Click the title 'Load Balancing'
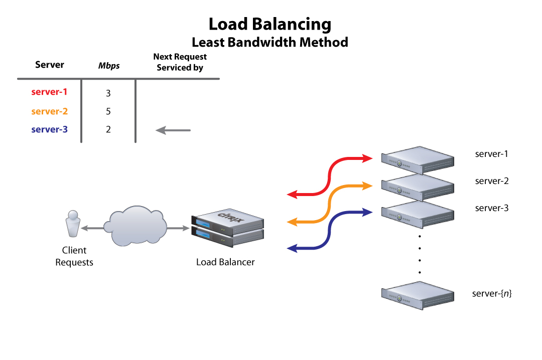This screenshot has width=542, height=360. coord(270,24)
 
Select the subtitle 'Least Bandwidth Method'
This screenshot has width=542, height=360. coord(270,42)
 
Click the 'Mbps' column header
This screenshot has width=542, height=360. coord(109,66)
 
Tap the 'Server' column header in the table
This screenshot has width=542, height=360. coord(50,65)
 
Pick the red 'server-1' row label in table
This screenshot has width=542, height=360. coord(49,92)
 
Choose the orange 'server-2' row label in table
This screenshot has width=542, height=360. coord(49,111)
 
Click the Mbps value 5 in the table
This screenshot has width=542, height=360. coord(108,111)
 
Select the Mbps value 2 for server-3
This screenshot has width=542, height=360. coord(108,130)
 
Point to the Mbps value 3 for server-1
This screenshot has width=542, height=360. coord(108,93)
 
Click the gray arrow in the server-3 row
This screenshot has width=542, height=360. coord(173,130)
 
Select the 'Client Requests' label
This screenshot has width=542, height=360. coord(74,256)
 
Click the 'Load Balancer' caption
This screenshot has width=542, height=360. coord(225,262)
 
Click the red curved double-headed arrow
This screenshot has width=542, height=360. coord(329,175)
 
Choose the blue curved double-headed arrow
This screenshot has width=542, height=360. coord(329,230)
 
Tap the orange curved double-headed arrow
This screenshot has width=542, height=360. coord(329,203)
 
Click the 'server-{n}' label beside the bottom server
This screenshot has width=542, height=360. coord(492,293)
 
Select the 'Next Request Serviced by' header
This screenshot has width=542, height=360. coord(180,62)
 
